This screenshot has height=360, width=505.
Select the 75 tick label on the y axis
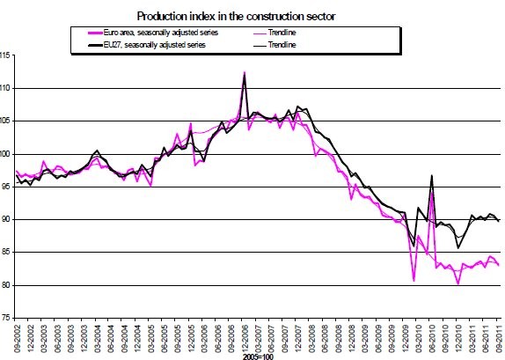10,317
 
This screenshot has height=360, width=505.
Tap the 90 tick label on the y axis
10,219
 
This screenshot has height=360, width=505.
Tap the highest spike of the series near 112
243,72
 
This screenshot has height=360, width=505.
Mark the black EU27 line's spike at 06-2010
431,176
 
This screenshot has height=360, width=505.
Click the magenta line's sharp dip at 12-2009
414,281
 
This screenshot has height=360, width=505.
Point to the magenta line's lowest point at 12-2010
458,284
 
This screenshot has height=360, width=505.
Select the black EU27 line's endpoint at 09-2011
500,221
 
